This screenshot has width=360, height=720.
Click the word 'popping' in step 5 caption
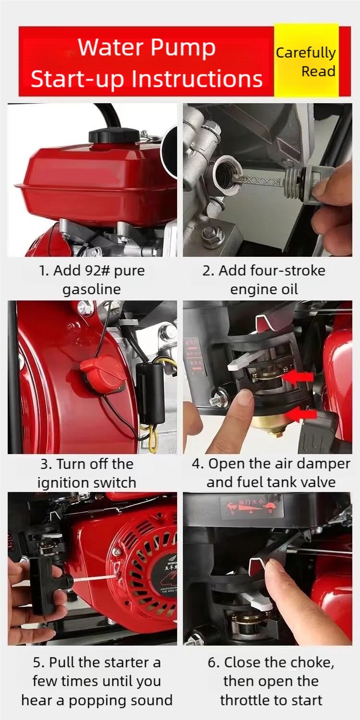pos(101,700)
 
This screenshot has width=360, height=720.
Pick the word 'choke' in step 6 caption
pos(305,662)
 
